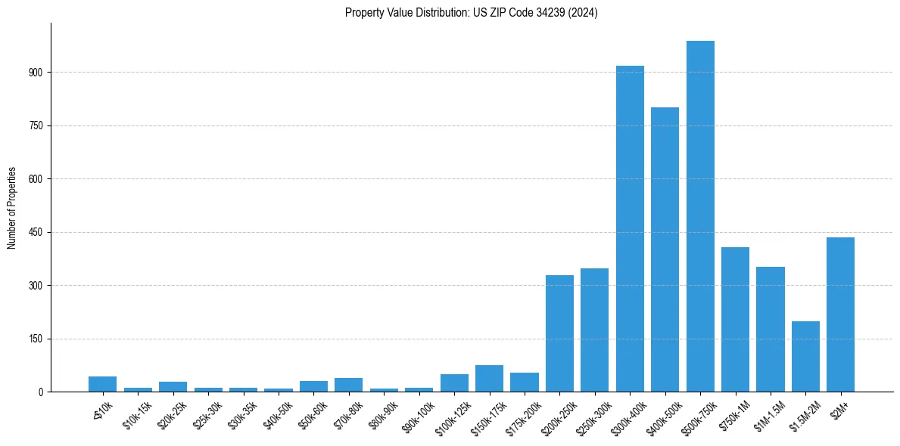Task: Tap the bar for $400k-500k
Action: (x=665, y=249)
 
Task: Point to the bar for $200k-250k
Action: (x=559, y=333)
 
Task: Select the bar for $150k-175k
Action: (x=489, y=379)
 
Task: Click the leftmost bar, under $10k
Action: (x=102, y=384)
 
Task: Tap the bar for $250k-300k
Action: (x=594, y=330)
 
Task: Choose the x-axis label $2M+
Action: (x=840, y=408)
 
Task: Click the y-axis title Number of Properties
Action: (x=11, y=208)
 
